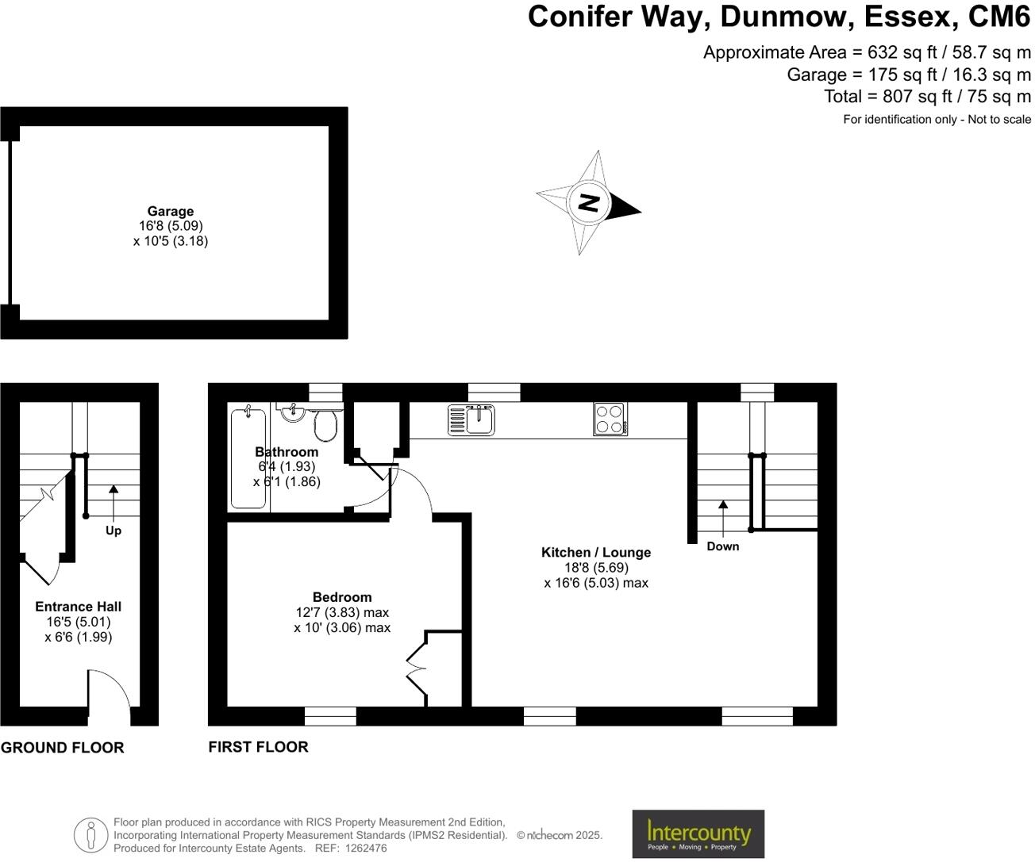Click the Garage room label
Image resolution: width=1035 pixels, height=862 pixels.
tap(170, 212)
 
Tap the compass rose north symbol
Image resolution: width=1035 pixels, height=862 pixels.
tap(588, 203)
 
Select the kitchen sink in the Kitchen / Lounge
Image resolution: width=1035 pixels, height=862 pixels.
tap(471, 420)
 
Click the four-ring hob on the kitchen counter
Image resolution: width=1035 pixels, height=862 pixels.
tap(610, 420)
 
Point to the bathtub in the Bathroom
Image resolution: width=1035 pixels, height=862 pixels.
tap(248, 458)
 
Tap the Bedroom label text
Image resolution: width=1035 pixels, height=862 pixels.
tap(341, 597)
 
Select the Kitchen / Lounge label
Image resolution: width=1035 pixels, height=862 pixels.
tap(595, 553)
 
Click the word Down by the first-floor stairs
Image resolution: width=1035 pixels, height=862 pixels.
tap(722, 546)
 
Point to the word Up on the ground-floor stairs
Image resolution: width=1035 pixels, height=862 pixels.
tap(114, 531)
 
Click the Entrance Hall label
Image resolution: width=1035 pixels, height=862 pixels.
tap(78, 607)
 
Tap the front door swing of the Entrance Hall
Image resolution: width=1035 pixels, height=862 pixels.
tap(110, 696)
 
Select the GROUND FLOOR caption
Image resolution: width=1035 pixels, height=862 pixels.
tap(63, 748)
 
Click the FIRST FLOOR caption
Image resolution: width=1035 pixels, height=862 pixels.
tap(258, 747)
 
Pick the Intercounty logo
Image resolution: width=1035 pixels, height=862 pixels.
tap(698, 833)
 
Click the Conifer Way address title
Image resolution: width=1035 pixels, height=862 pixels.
tap(779, 17)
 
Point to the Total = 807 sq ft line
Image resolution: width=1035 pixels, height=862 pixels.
tap(927, 97)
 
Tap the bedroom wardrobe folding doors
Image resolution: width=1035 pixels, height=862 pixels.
tap(417, 668)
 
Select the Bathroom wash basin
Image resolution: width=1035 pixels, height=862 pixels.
tap(293, 411)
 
